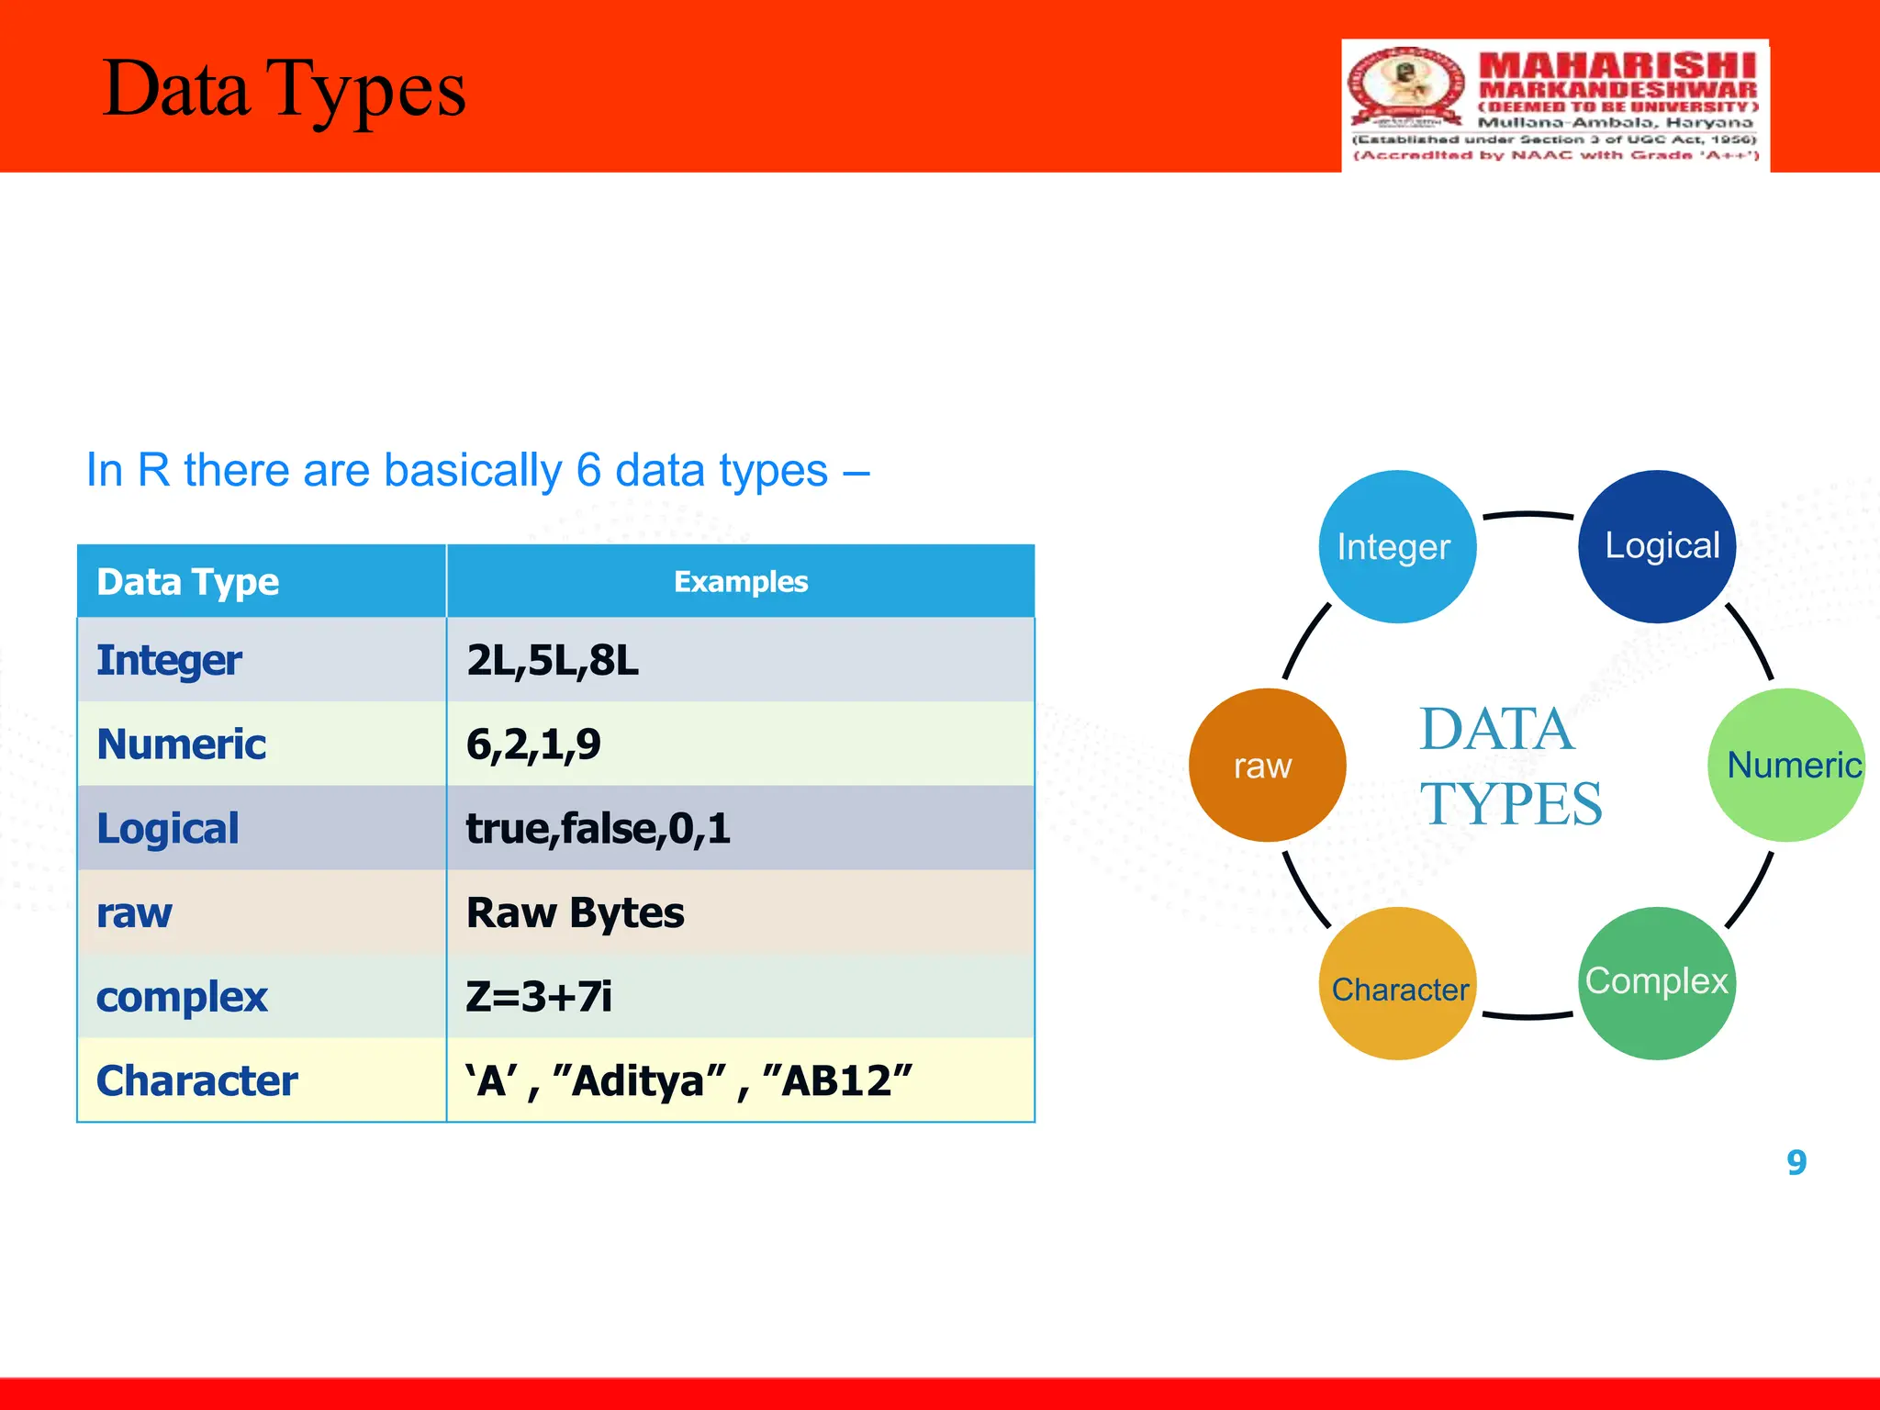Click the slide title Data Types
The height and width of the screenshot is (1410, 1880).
coord(285,90)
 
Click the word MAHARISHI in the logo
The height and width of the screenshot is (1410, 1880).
coord(1617,66)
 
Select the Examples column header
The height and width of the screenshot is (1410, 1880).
coord(740,582)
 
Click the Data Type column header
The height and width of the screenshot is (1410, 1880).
coord(188,582)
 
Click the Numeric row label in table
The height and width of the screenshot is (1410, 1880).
coord(182,744)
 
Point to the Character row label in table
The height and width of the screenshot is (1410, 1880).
coord(197,1081)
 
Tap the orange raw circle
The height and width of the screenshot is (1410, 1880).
coord(1267,765)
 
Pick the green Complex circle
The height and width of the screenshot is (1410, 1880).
coord(1657,983)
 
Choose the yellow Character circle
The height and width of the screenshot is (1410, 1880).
coord(1397,984)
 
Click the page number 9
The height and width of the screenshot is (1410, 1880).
coord(1796,1163)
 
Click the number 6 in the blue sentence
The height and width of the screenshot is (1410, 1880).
coord(587,471)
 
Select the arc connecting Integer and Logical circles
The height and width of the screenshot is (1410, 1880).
coord(1527,514)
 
